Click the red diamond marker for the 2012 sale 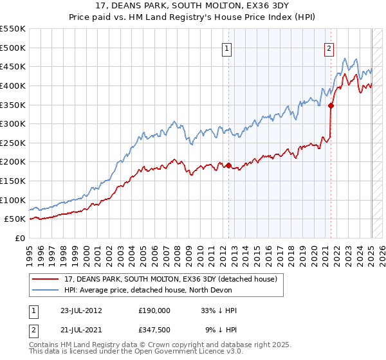[229, 165]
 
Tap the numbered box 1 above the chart [228, 48]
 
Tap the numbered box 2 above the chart [329, 48]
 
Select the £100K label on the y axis [14, 200]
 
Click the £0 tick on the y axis [21, 238]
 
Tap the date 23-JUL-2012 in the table [80, 310]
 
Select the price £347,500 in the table [154, 329]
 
